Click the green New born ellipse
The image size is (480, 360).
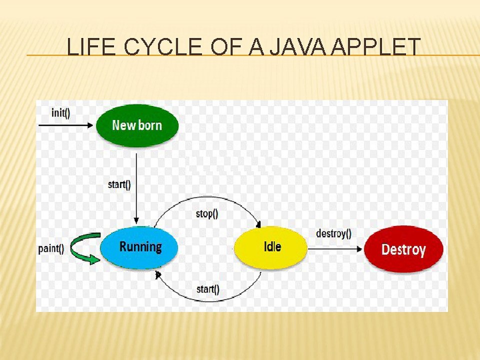coord(137,125)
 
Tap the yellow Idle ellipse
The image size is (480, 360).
coord(270,248)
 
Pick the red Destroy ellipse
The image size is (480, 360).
coord(403,249)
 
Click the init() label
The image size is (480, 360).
coord(60,113)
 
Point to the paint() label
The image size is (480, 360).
coord(51,248)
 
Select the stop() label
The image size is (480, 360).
coord(207,213)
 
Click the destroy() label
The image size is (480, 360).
coord(333,233)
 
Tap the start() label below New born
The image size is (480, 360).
coord(119,184)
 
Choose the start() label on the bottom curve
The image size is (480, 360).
coord(208,289)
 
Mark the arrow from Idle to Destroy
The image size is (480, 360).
coord(335,249)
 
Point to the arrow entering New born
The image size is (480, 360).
coord(65,125)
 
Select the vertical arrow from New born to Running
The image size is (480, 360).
coord(136,188)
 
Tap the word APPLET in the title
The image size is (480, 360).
coord(376,47)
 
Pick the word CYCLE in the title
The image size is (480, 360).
coord(163,47)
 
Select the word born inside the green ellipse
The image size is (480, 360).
coord(150,125)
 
